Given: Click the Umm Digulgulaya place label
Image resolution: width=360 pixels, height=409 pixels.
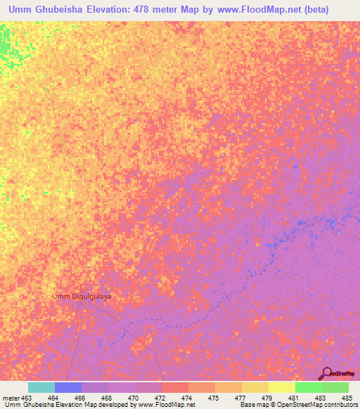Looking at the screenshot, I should click(82, 297).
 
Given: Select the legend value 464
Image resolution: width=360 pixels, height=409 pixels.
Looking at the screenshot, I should click(52, 397).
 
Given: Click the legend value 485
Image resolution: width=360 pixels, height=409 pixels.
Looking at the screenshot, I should click(347, 397).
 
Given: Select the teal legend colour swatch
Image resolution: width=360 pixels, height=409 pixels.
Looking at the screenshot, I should click(41, 387).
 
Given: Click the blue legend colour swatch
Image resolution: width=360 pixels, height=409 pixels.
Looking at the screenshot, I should click(68, 387).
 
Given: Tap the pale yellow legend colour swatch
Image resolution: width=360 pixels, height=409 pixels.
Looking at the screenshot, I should click(281, 387).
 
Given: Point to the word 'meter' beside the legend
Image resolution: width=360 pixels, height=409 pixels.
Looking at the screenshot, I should click(10, 397).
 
